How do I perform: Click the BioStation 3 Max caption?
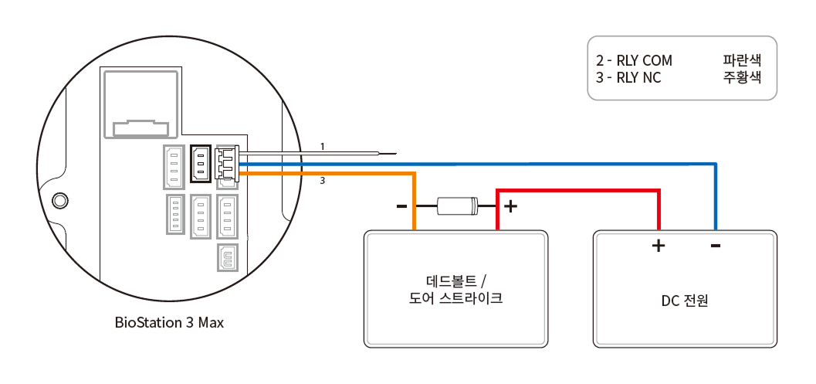coord(169,322)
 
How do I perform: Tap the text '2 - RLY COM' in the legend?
coord(634,60)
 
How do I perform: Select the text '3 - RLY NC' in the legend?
coord(628,77)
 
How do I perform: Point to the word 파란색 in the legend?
coord(742,60)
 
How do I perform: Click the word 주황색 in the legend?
coord(742,77)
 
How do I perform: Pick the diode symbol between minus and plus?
coord(457,206)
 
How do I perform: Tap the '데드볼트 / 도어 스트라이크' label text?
coord(455,289)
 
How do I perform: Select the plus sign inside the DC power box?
coord(659,246)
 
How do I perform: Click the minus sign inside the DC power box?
coord(716,246)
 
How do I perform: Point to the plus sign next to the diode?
coord(510,206)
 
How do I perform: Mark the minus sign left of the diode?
coord(401,206)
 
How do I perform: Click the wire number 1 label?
coord(323,146)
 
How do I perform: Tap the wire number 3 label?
coord(323,182)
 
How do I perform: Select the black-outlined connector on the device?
coord(200,162)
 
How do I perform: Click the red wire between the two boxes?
coord(579,189)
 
